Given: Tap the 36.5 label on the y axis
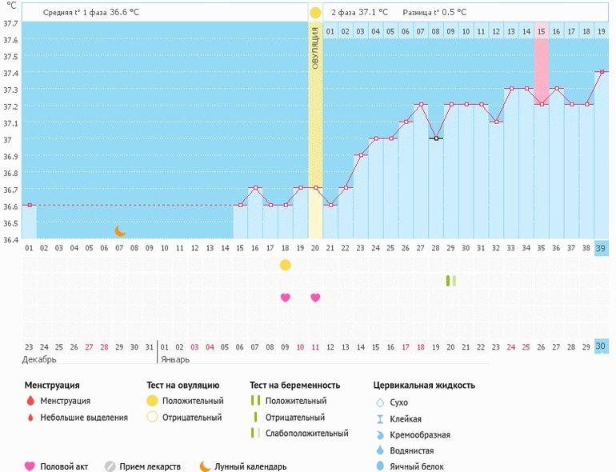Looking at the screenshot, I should [x=10, y=223].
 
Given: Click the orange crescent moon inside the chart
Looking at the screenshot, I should [x=120, y=230].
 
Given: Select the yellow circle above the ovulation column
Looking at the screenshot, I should [x=315, y=13].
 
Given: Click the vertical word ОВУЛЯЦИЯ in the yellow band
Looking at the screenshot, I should [x=315, y=47].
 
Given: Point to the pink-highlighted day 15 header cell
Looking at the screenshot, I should [x=542, y=31].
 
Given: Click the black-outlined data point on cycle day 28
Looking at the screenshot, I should [x=436, y=138].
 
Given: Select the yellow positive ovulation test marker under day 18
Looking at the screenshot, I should [x=286, y=265].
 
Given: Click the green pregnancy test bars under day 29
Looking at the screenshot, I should [x=451, y=281].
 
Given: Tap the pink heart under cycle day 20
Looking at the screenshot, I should [x=315, y=298].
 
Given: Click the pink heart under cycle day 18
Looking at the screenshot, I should [x=286, y=298].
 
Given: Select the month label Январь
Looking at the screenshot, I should [x=175, y=360].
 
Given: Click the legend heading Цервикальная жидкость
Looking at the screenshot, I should [x=424, y=385].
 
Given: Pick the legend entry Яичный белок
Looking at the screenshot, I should [x=416, y=466].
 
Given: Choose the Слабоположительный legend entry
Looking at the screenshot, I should [x=306, y=434].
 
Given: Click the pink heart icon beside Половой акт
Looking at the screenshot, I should [x=30, y=466].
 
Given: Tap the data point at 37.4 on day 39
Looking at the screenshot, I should [x=602, y=71].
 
